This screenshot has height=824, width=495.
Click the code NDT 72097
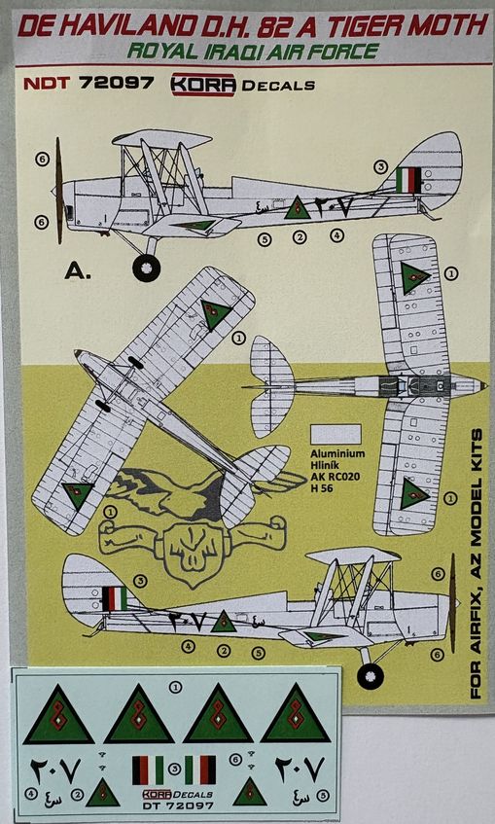(x=82, y=84)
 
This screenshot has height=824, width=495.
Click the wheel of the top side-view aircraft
(x=147, y=267)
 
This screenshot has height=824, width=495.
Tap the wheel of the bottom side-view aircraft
(x=370, y=674)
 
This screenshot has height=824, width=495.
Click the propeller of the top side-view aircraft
(x=59, y=191)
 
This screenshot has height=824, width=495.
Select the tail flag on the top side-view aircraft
(x=409, y=181)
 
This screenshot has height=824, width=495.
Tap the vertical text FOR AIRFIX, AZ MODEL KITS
(x=477, y=564)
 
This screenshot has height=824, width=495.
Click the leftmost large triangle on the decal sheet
(x=58, y=714)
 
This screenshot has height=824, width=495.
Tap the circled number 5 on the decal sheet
(x=324, y=794)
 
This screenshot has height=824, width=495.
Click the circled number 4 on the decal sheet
(x=32, y=794)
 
